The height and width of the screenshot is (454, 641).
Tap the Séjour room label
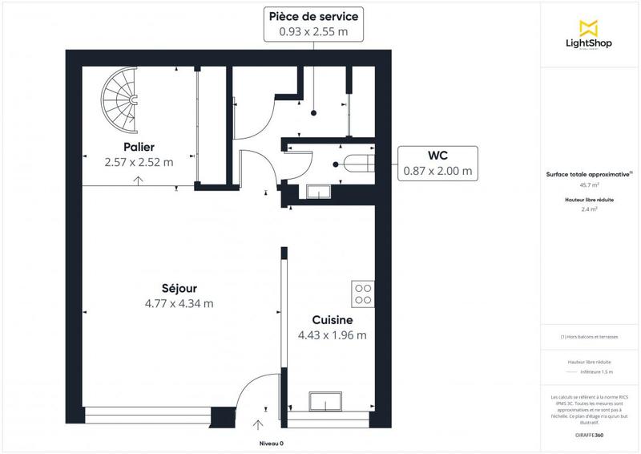coord(179,288)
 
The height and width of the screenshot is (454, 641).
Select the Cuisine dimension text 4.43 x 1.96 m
coord(332,335)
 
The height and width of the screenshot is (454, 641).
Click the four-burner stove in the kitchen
coord(362,294)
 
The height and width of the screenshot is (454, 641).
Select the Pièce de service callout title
coord(314,16)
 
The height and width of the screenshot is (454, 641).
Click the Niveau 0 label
coord(271,443)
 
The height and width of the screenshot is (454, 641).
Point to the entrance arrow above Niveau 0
coord(258,424)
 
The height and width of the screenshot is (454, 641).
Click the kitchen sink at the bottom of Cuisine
coord(327,402)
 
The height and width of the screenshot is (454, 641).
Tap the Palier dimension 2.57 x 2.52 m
coord(139,162)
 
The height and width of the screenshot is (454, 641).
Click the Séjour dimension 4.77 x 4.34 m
coord(179,303)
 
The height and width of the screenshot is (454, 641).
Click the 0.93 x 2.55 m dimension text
coord(314,32)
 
